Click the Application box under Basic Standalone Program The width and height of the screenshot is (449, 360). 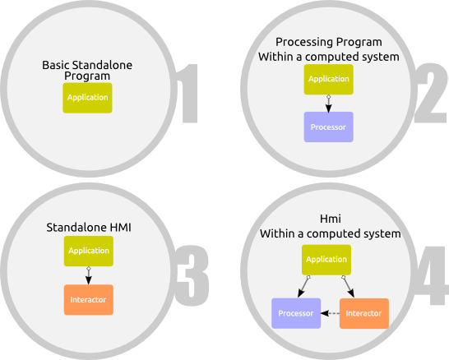87,98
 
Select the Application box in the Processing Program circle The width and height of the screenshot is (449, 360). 328,79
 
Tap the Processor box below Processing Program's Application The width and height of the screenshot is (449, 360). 328,127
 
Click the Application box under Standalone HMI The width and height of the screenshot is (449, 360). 89,251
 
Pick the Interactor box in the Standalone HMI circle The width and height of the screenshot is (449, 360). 89,300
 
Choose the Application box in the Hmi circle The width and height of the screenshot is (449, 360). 326,260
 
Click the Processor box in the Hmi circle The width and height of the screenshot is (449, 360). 296,313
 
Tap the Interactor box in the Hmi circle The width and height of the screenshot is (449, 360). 364,313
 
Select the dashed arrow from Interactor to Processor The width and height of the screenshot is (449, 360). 330,313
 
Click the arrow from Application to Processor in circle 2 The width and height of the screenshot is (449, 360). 329,104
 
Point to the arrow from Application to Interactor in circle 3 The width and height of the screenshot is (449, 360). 89,275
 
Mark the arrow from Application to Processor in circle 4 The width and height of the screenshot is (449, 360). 303,287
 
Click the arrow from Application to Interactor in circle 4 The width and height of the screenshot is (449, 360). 348,287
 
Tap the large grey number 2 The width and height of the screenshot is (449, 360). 431,93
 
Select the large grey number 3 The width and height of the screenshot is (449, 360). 192,275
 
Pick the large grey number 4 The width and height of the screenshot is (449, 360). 432,275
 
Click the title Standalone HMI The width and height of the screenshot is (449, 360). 89,228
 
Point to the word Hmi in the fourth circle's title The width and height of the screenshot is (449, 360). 330,219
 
